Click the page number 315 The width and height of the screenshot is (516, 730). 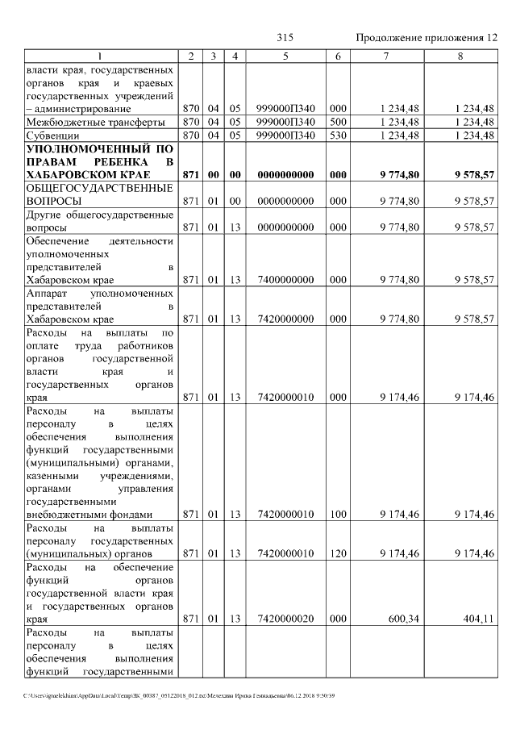(285, 38)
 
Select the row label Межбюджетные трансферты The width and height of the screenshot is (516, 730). (95, 122)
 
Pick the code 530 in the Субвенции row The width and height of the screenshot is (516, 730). (338, 136)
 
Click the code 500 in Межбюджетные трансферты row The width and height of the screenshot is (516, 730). (338, 122)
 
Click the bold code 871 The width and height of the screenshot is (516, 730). (190, 174)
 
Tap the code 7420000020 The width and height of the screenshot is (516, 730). (285, 619)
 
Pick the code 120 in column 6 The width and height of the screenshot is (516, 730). (338, 554)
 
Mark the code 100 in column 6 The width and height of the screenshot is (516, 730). (338, 514)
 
